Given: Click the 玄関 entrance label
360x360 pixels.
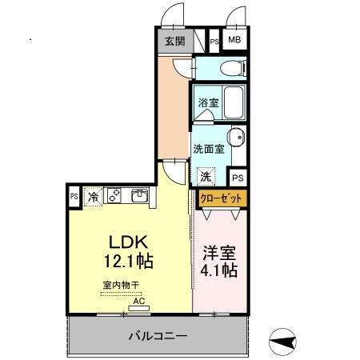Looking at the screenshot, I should point(174,41).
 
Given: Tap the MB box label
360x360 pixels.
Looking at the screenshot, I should point(235,40).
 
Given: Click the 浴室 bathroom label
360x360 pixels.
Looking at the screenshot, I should point(208,103).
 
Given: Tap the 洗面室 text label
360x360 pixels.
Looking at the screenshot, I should point(208,149).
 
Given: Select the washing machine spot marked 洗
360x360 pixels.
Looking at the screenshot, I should point(206,176).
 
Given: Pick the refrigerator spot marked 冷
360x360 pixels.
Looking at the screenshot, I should point(94,196).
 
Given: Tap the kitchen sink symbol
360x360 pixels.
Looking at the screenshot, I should point(138,195).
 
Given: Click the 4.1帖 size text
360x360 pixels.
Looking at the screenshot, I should point(218,270).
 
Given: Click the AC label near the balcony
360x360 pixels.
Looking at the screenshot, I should point(138,301).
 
